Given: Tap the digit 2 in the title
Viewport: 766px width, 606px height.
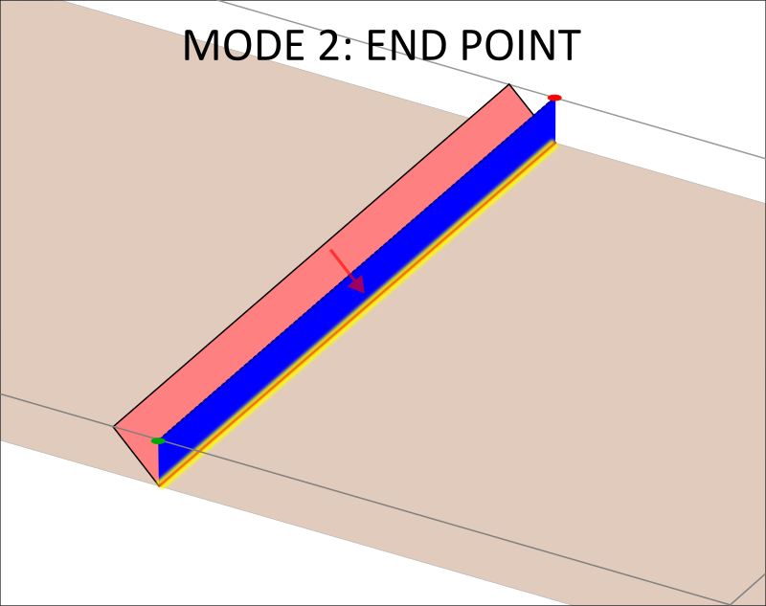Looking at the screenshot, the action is (x=329, y=45).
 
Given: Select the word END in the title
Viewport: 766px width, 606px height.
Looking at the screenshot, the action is (x=408, y=45).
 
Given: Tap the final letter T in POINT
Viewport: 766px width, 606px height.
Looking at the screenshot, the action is (x=569, y=45).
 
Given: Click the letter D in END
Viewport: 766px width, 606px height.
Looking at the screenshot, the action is (x=435, y=45).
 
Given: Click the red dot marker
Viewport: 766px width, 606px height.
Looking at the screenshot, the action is (x=554, y=98).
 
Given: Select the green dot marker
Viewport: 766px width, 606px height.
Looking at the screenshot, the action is (x=158, y=441).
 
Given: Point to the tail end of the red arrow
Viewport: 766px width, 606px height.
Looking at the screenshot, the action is (x=330, y=250).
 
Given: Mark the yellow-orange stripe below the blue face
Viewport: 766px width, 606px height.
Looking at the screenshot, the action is (x=357, y=314).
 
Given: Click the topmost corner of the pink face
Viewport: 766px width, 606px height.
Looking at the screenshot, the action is (x=509, y=84).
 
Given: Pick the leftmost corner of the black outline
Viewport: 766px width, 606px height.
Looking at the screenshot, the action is (x=113, y=426).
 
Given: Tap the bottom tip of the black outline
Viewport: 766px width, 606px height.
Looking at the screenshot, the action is (x=159, y=485).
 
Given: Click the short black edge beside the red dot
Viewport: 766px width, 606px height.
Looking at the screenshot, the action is (x=521, y=101).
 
